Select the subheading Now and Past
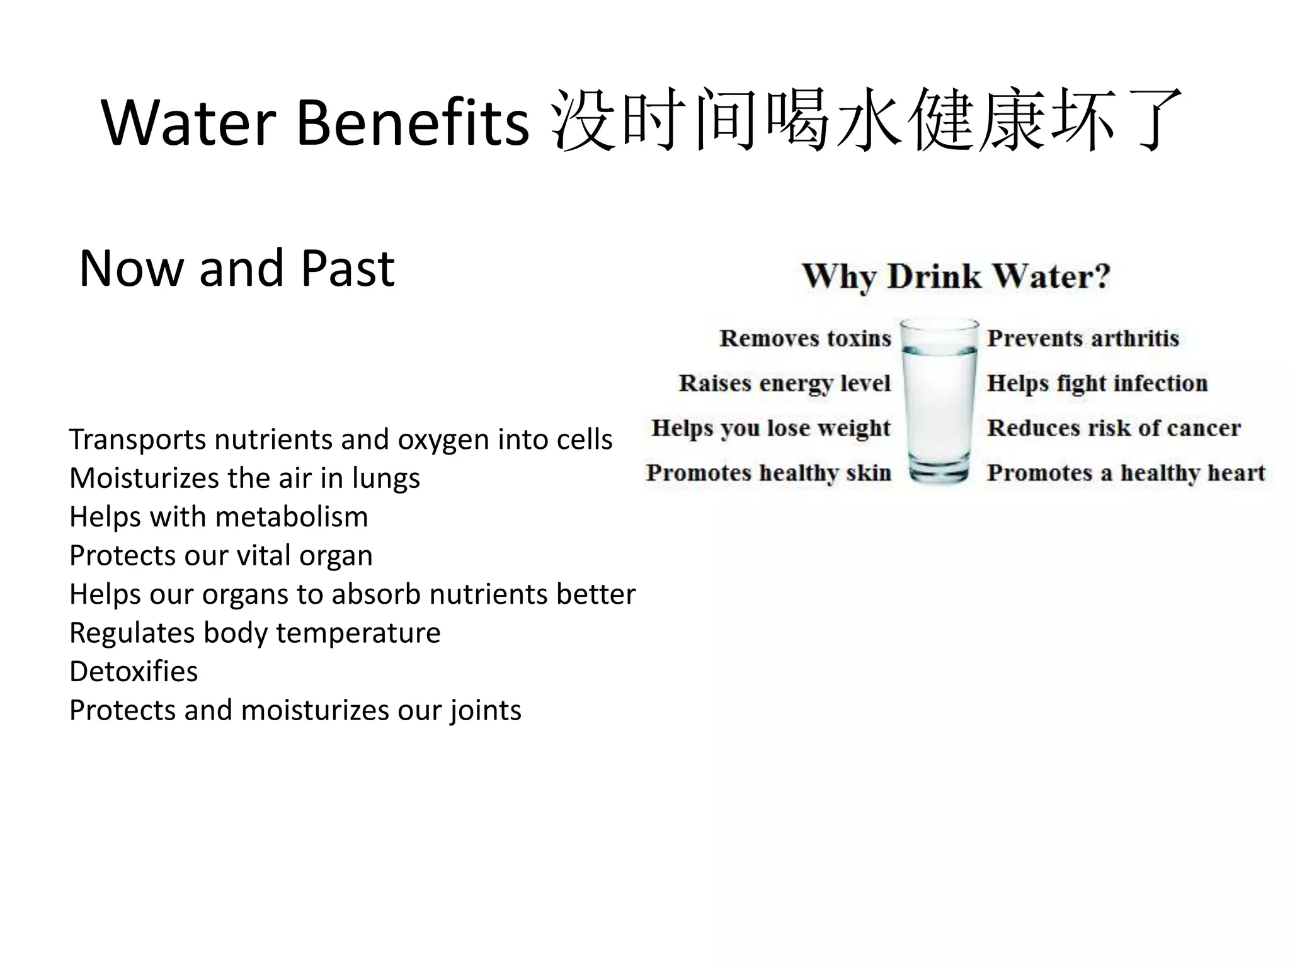pos(237,268)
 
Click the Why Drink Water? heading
pos(956,276)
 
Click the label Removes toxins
pos(805,339)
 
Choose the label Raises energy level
pos(784,383)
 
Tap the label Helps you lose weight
pos(771,428)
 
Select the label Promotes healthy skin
pos(768,473)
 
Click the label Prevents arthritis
pos(1083,339)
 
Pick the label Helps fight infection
pos(1097,383)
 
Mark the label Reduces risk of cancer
pos(1114,428)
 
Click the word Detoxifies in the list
pos(134,672)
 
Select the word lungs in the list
pos(385,478)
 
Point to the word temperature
pos(358,633)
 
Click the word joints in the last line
pos(486,711)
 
